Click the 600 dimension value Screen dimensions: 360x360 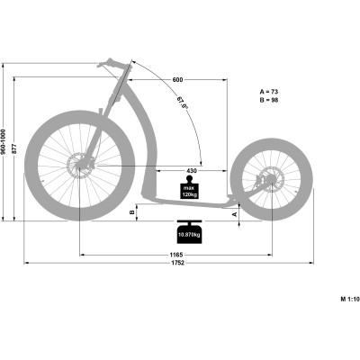tap(179, 81)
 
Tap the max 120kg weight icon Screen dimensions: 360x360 tap(190, 190)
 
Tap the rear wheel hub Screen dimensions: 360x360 tap(270, 182)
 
